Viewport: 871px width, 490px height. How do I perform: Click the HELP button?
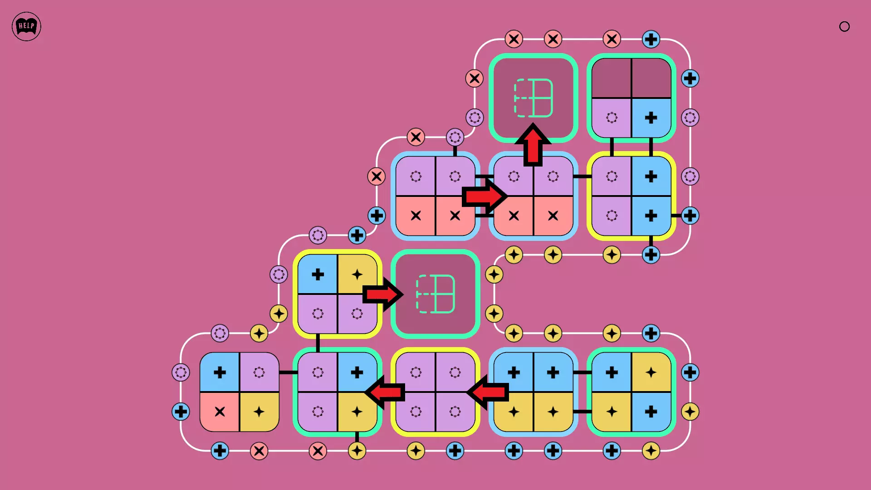(x=26, y=26)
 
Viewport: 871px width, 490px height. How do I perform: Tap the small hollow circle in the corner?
(x=844, y=27)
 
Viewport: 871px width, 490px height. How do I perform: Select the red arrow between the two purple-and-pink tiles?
(x=484, y=196)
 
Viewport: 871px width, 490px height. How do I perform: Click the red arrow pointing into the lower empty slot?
(x=382, y=294)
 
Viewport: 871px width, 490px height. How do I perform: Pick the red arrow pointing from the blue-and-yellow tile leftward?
(x=488, y=392)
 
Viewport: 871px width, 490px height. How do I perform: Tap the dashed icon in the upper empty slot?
(x=533, y=98)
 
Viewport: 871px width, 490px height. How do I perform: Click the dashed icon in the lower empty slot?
(x=435, y=294)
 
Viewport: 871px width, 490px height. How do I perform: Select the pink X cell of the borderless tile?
(x=220, y=412)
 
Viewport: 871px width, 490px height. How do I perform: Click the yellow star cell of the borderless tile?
(x=259, y=412)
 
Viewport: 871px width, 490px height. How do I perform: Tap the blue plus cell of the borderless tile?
(x=220, y=372)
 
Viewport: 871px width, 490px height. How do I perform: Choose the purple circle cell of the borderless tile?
(x=259, y=372)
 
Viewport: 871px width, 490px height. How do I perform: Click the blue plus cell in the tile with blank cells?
(x=651, y=118)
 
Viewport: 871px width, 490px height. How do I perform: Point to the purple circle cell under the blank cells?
(x=612, y=118)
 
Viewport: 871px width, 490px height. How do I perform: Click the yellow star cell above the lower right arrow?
(x=357, y=274)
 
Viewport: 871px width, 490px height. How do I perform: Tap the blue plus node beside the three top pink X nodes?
(x=651, y=39)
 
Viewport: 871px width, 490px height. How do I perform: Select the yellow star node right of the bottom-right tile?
(x=690, y=412)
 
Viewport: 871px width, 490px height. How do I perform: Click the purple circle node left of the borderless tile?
(x=181, y=372)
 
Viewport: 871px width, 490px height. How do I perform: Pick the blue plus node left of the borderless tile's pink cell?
(x=181, y=412)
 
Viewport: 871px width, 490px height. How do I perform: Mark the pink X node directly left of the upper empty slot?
(x=475, y=78)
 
